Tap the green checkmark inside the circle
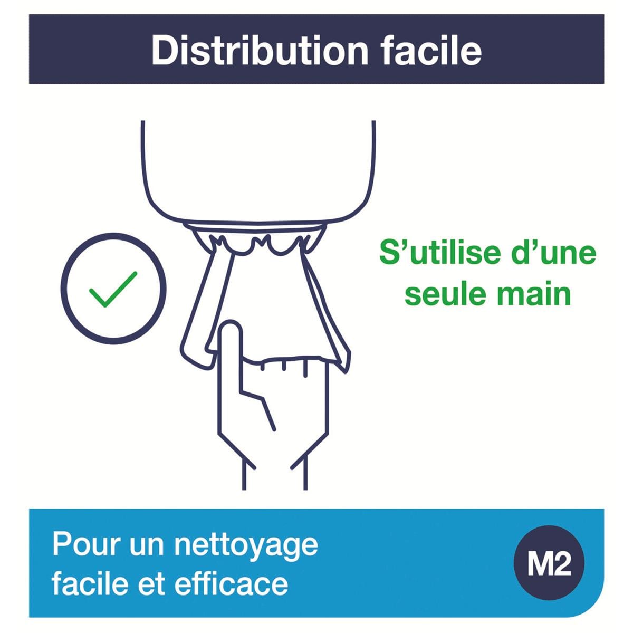[x=113, y=290]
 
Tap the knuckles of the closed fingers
[x=284, y=365]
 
